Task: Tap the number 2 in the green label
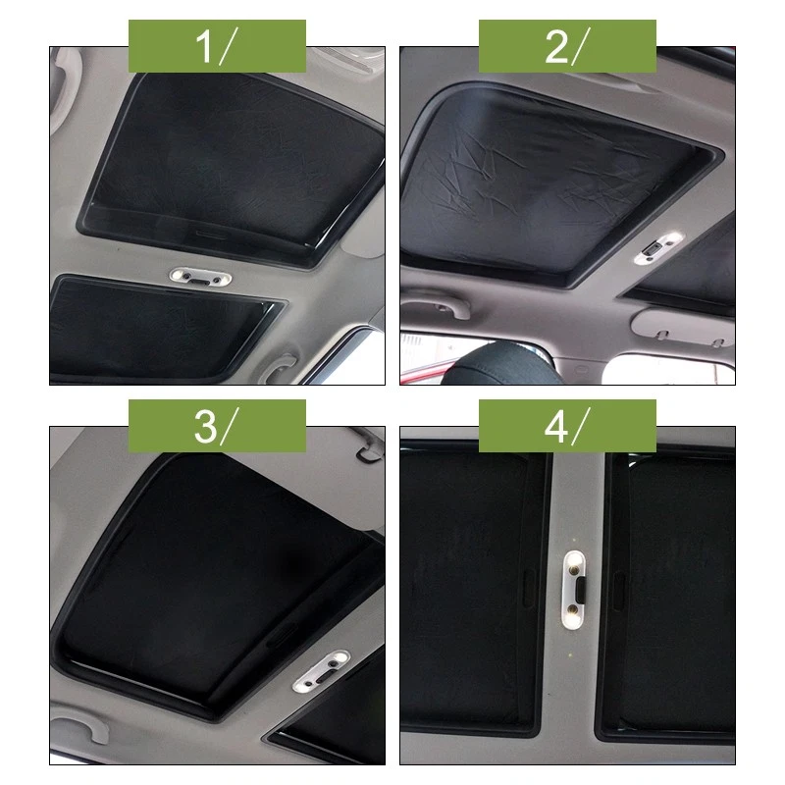[554, 46]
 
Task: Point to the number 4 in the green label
[555, 426]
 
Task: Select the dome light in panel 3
[321, 674]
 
